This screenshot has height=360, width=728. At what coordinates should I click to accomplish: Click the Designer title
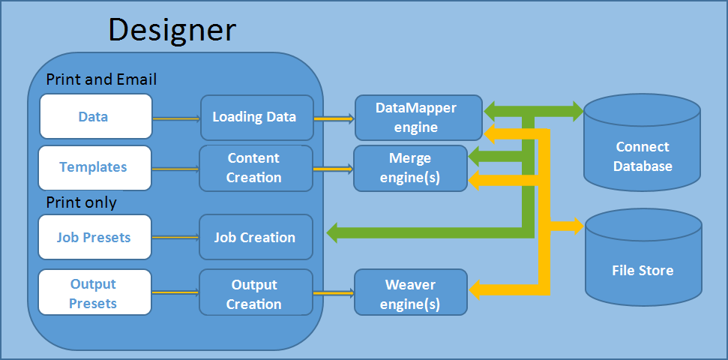tap(172, 30)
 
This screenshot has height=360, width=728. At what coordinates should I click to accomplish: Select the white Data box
tap(95, 117)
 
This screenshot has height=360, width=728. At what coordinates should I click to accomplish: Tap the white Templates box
tap(95, 167)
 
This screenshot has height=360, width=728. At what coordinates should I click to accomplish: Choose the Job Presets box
tap(95, 238)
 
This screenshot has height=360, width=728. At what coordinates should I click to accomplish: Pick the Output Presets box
tap(95, 294)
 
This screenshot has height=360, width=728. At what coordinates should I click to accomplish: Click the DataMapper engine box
tap(418, 117)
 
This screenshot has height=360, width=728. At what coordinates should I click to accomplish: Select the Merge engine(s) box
tap(409, 168)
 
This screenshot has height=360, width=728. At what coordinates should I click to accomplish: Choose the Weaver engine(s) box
tap(410, 294)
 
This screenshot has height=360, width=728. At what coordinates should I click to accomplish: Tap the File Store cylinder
tap(643, 262)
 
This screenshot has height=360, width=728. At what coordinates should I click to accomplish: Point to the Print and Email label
tap(101, 79)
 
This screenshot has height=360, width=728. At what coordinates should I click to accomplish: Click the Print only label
tap(81, 202)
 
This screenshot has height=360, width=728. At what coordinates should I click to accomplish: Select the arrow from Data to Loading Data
tap(176, 118)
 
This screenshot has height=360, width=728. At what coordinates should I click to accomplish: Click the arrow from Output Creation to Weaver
tap(334, 294)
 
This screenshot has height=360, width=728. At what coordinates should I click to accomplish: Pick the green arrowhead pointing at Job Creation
tap(336, 232)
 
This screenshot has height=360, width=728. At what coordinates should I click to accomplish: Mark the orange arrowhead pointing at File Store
tap(576, 225)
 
